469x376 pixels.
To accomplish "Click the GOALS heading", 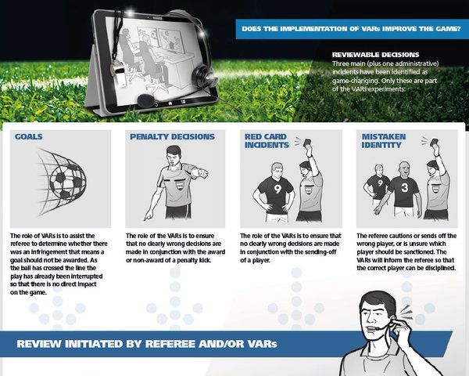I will point(28,136).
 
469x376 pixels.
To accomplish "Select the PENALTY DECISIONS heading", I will point(170,136).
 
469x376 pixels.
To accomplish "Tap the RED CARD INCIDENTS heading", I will point(266,141).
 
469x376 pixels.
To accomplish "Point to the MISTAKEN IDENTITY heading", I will point(384,141).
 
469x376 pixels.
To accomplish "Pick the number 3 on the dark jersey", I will point(404,188).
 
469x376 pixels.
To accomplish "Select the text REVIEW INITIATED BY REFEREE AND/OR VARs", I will point(146,345).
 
